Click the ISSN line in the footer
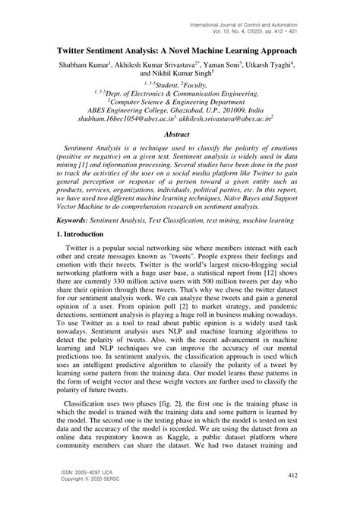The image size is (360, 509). tap(93, 471)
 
